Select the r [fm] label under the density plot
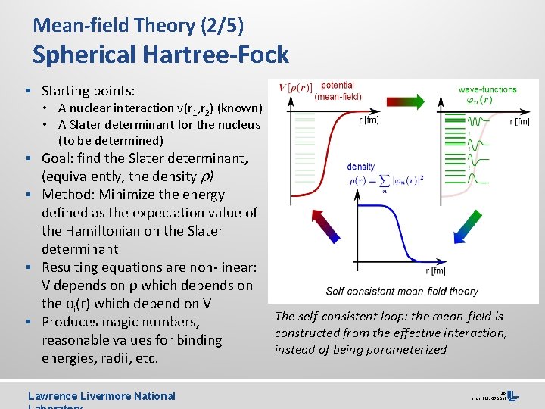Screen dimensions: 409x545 pos(435,270)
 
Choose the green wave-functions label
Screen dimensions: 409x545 pos(487,90)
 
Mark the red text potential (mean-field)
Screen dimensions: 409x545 pos(338,92)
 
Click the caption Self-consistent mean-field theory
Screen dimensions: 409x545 pos(402,291)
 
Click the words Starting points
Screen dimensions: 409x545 pos(88,91)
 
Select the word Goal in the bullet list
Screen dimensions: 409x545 pos(58,158)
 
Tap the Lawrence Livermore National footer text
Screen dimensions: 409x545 pos(101,395)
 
